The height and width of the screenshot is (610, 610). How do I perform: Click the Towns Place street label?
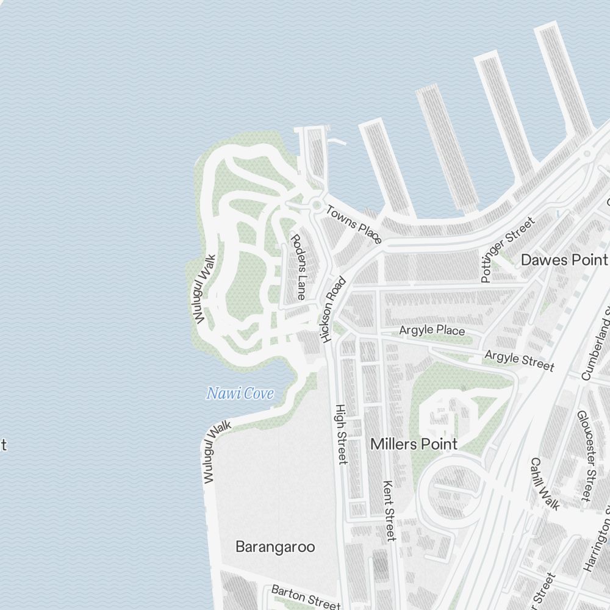click(354, 224)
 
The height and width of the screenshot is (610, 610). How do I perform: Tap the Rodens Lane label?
click(298, 267)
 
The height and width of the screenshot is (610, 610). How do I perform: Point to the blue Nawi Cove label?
click(240, 393)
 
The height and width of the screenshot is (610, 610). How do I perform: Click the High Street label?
click(342, 434)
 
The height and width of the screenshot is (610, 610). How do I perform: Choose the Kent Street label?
click(389, 510)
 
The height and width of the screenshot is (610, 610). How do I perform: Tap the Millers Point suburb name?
click(414, 443)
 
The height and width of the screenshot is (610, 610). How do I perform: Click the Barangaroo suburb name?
click(275, 547)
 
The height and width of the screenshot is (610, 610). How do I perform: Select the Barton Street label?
click(305, 597)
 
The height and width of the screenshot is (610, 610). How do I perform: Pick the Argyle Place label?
click(432, 330)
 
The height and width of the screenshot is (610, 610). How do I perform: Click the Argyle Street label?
click(519, 360)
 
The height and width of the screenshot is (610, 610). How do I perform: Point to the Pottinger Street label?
click(506, 249)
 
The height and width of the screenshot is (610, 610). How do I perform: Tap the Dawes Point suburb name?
click(564, 260)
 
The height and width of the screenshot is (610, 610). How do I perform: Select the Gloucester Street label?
click(585, 455)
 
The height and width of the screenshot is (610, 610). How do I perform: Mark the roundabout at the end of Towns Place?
click(317, 205)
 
